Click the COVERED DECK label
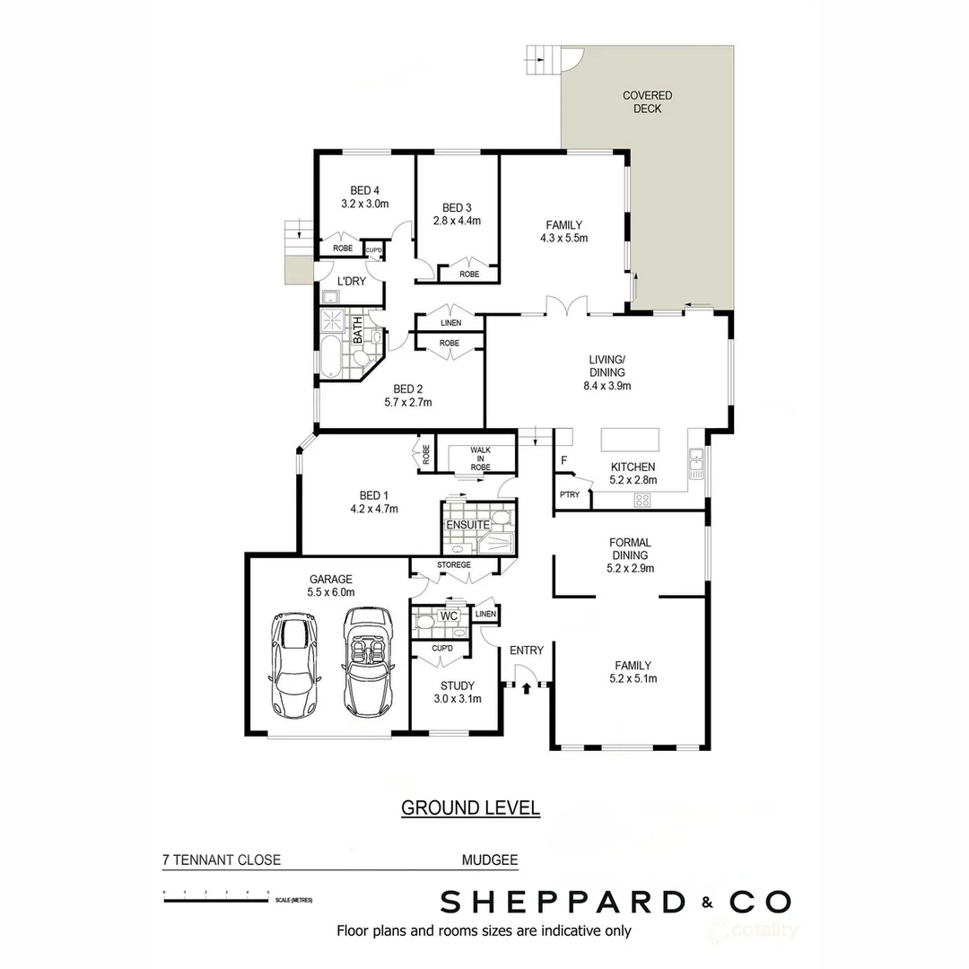click(647, 101)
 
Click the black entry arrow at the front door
click(526, 687)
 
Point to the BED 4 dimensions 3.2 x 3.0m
click(364, 204)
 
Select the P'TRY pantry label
click(569, 494)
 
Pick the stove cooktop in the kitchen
click(642, 501)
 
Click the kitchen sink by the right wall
click(695, 461)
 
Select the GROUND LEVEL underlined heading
click(470, 807)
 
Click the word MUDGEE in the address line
click(489, 860)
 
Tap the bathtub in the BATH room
click(328, 359)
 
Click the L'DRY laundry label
click(351, 281)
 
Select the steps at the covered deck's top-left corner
click(542, 61)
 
